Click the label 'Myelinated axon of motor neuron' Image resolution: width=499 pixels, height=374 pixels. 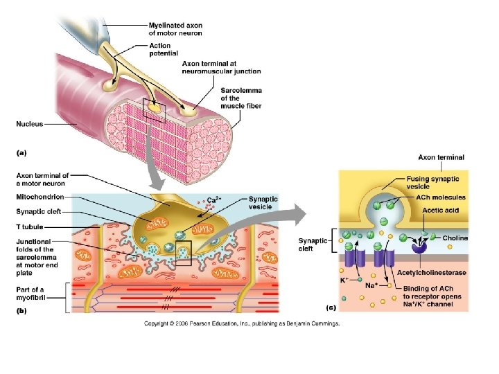(x=176, y=29)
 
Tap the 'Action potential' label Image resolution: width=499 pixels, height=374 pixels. (x=164, y=49)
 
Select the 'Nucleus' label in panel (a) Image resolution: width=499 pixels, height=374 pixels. (x=30, y=125)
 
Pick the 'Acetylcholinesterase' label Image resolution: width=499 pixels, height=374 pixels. (x=431, y=273)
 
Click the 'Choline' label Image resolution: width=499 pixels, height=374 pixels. (x=455, y=238)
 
